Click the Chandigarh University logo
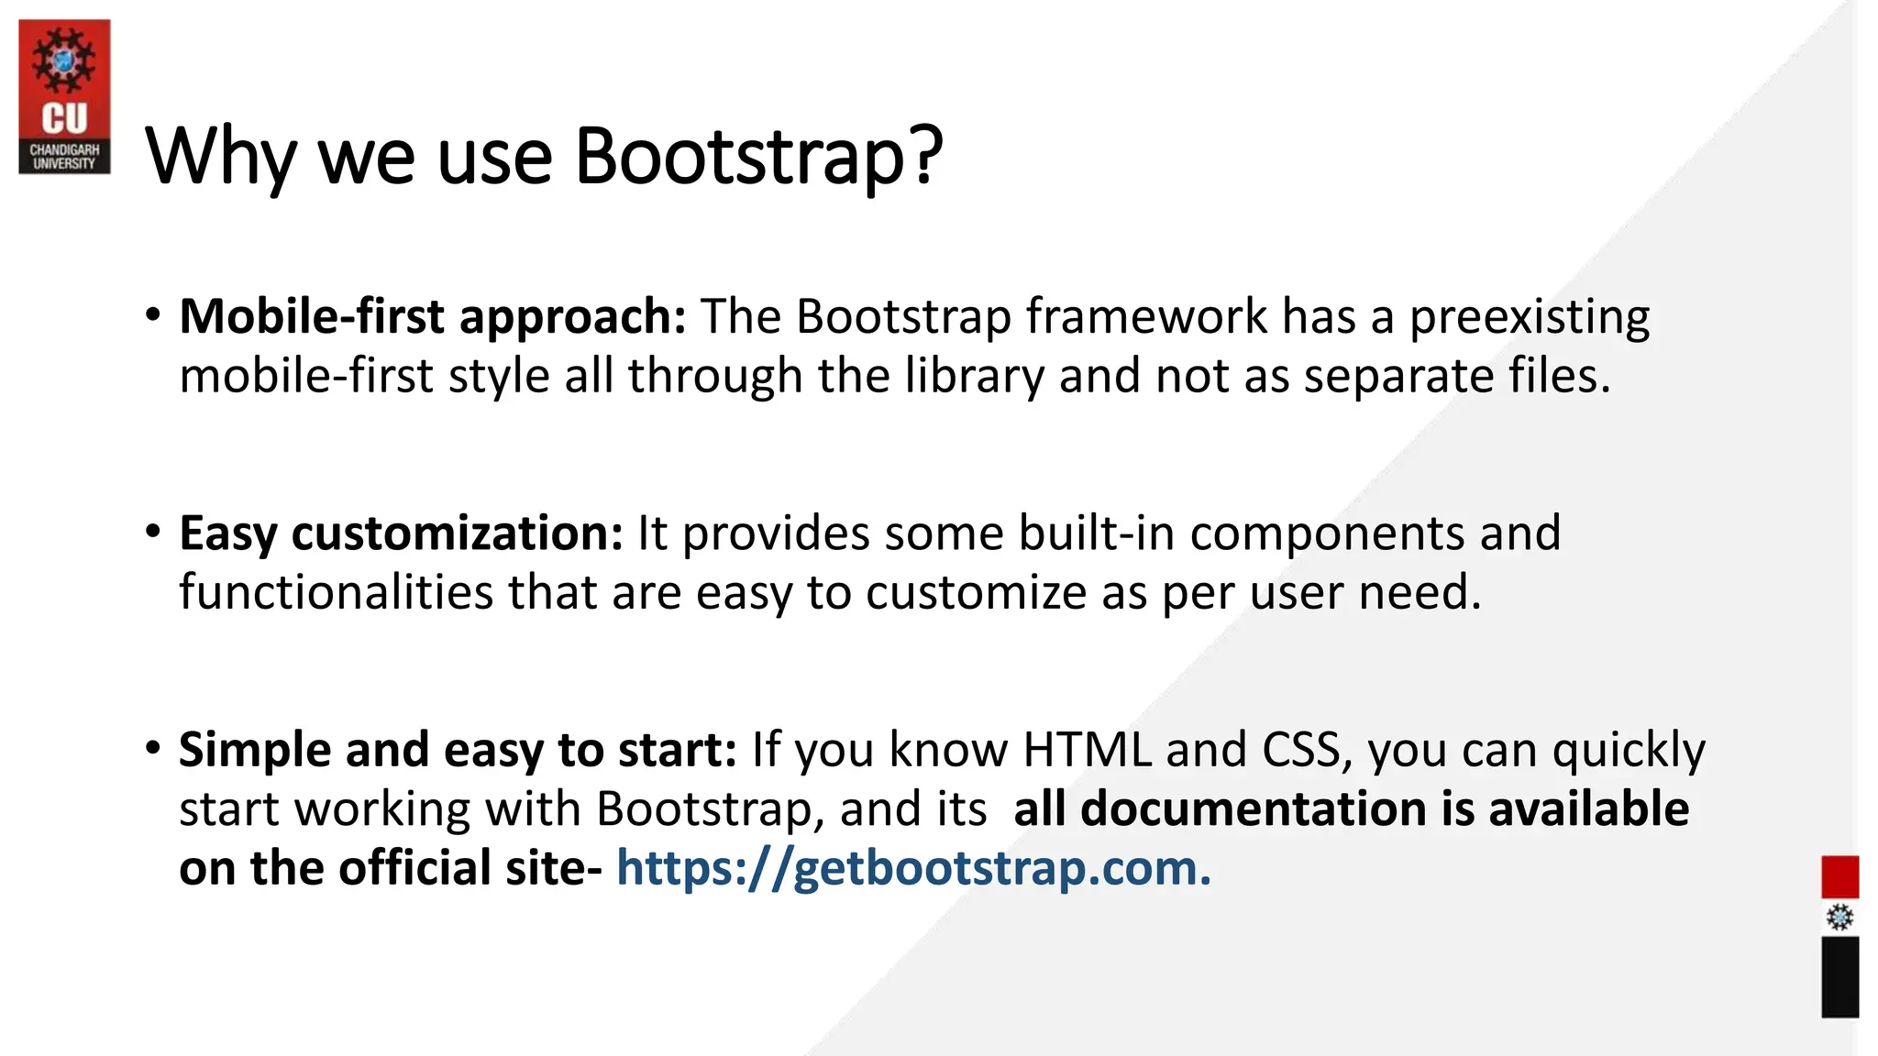point(64,97)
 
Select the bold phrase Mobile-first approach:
point(433,317)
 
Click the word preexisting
point(1529,317)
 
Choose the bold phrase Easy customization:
point(401,533)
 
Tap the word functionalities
point(336,592)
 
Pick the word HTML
point(1087,750)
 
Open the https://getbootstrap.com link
point(913,868)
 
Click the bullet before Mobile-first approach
point(153,315)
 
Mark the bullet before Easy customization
point(153,532)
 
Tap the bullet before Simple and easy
point(153,748)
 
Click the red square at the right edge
point(1839,876)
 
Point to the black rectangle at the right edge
point(1839,976)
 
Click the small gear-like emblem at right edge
point(1839,918)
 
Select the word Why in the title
point(220,158)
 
